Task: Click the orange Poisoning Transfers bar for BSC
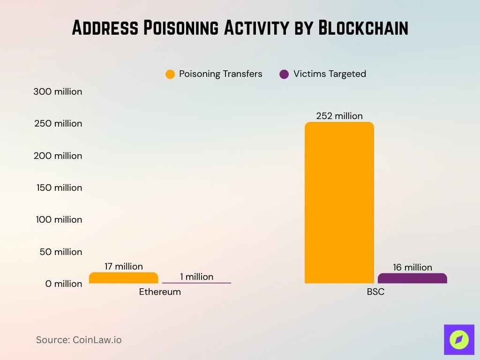339,202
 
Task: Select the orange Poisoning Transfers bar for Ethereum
123,278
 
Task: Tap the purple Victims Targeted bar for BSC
412,278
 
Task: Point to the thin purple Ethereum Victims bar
196,283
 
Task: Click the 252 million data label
339,116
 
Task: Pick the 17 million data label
123,266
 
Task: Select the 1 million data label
196,277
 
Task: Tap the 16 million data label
412,267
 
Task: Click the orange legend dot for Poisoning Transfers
170,74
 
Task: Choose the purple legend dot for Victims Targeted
284,74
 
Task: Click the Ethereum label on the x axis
160,292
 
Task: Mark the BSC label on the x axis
375,292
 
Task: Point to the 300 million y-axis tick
58,91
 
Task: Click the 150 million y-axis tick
59,187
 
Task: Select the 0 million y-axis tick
64,284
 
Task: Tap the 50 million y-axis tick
61,252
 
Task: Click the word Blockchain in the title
363,28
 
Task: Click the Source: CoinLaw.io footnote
79,340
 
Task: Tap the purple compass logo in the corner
459,339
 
